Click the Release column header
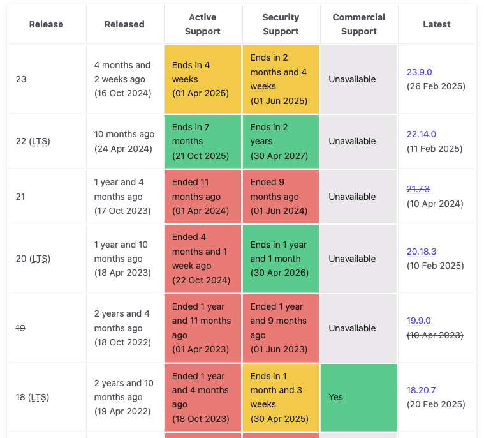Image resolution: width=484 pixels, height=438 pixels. pos(47,24)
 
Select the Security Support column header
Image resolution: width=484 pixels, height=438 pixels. pos(281,24)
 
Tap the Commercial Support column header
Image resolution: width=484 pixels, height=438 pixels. pos(358,24)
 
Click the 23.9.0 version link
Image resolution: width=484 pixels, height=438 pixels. pos(419,72)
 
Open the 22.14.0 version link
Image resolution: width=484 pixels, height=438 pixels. pos(422,134)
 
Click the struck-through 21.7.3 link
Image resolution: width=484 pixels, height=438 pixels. pos(418,189)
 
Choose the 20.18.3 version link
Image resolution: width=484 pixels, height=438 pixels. pos(422,252)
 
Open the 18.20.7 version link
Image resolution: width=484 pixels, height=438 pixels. pos(421,390)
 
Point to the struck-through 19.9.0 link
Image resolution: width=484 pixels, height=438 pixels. pos(418,321)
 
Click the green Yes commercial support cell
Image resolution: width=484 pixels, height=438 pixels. pos(358,397)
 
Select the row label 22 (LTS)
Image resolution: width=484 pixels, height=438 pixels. pos(33,141)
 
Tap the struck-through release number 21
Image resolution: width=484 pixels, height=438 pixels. pos(20,197)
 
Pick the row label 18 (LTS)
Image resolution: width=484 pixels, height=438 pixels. pos(33,397)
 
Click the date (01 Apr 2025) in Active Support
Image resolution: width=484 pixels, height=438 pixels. pos(200,93)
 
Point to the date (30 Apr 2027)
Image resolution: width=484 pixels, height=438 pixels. pos(279,156)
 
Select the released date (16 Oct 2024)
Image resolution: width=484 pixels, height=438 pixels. pos(123,93)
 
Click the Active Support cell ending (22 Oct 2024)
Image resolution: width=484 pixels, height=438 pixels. pos(203,259)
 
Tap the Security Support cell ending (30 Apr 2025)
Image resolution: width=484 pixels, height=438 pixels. pos(281,397)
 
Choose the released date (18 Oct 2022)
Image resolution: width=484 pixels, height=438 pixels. pos(122,342)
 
